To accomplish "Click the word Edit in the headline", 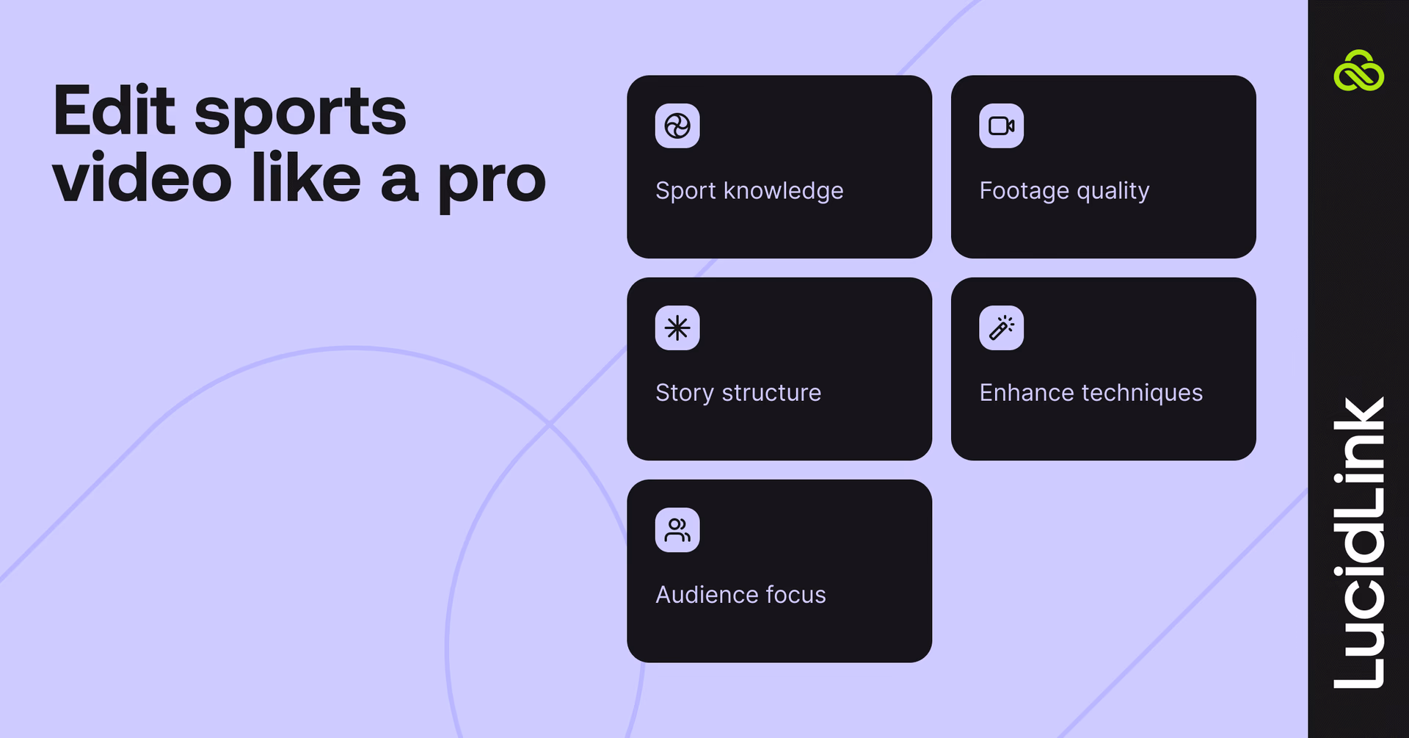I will pyautogui.click(x=114, y=112).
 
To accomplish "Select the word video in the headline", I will pyautogui.click(x=142, y=179).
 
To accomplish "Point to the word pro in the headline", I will pyautogui.click(x=492, y=182).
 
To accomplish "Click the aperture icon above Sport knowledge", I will pyautogui.click(x=677, y=126).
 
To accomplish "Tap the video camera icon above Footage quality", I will pyautogui.click(x=1001, y=126).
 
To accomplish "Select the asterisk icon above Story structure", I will pyautogui.click(x=677, y=328).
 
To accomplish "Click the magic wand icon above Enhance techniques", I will pyautogui.click(x=1001, y=328).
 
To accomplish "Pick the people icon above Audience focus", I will pyautogui.click(x=677, y=530).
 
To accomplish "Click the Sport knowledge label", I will pyautogui.click(x=749, y=191).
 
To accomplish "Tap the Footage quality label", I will pyautogui.click(x=1064, y=191).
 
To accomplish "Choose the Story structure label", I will pyautogui.click(x=738, y=393).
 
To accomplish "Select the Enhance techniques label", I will pyautogui.click(x=1091, y=393).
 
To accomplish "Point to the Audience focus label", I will pyautogui.click(x=740, y=595).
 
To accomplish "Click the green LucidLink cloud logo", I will pyautogui.click(x=1358, y=71).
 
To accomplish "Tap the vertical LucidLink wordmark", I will pyautogui.click(x=1359, y=543).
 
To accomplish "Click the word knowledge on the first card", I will pyautogui.click(x=783, y=191).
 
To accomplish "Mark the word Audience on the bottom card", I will pyautogui.click(x=707, y=595).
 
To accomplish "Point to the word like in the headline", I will pyautogui.click(x=306, y=178).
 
